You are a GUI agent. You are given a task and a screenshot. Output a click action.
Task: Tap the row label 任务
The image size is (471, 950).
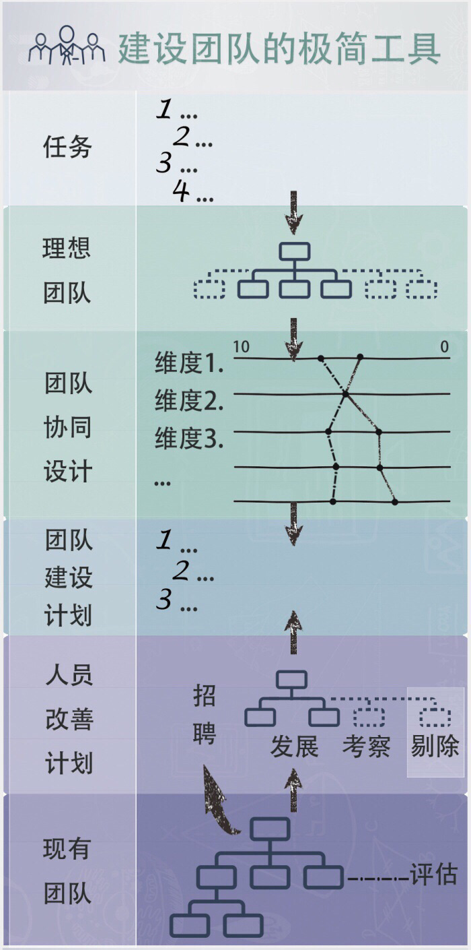click(67, 147)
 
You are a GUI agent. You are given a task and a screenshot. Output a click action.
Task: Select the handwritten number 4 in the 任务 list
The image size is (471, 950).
click(181, 192)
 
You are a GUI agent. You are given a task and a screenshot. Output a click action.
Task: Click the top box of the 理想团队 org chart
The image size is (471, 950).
click(295, 251)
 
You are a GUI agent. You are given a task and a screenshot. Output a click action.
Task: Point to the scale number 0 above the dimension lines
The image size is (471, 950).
click(444, 347)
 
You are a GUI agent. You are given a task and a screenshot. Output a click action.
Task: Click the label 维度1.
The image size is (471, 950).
click(189, 364)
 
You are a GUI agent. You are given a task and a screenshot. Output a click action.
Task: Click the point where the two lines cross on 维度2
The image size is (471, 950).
click(345, 394)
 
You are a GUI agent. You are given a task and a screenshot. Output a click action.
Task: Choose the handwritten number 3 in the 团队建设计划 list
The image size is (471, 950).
click(164, 600)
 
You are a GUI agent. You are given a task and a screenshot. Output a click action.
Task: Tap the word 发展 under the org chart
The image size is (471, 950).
click(294, 746)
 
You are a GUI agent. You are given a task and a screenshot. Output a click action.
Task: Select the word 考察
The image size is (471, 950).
click(366, 746)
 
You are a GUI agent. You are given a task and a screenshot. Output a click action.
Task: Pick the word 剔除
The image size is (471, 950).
click(435, 746)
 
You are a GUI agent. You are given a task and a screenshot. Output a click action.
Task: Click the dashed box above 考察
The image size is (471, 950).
click(369, 717)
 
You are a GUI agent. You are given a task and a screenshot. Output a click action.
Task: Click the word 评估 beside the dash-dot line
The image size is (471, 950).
click(434, 875)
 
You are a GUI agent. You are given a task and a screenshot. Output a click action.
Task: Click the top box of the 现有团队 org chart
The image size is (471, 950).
click(270, 829)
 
